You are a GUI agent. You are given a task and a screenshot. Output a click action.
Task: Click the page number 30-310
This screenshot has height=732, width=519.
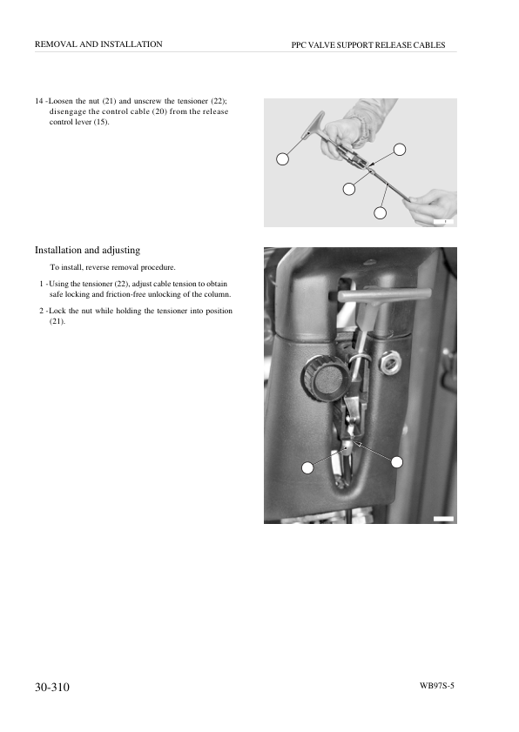[52, 688]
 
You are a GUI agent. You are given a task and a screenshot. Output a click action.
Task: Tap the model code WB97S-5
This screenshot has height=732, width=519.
[437, 686]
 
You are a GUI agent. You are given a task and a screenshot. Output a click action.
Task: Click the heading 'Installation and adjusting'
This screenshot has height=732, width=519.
[87, 250]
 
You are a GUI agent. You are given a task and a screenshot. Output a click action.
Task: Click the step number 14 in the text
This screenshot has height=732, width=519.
[39, 101]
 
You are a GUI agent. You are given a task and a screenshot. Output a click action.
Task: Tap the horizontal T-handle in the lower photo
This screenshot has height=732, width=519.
[383, 295]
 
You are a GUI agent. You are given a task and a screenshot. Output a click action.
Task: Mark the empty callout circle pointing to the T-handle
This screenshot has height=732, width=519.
[283, 159]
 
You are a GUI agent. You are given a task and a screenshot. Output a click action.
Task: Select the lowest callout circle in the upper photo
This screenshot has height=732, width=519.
[381, 213]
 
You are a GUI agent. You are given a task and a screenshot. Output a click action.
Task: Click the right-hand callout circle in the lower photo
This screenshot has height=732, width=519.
[396, 462]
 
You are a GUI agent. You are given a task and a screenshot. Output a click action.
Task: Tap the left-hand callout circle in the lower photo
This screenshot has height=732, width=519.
[307, 467]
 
